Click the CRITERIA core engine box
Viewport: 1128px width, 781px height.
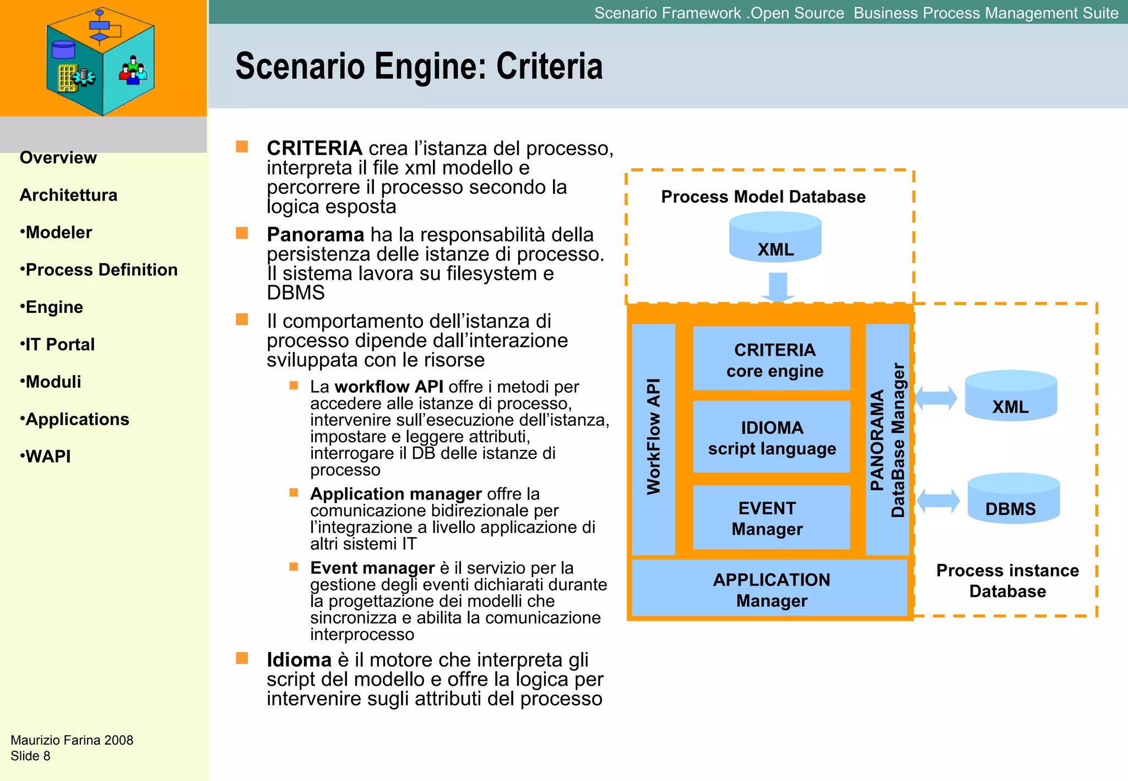[x=772, y=359]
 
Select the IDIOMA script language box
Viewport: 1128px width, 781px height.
[x=772, y=437]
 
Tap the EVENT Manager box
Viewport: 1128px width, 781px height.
[x=772, y=517]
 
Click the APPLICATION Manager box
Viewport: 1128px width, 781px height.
[x=770, y=588]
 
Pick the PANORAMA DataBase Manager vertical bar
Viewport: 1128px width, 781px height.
[x=887, y=439]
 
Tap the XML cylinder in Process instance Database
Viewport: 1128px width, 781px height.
[x=1011, y=397]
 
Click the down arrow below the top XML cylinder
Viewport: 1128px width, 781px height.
[x=778, y=287]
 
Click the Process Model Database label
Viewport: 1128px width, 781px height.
[x=763, y=197]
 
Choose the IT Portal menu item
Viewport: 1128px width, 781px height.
[x=57, y=345]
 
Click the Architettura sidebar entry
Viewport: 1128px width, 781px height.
[x=68, y=196]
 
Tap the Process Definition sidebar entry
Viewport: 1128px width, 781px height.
[x=99, y=270]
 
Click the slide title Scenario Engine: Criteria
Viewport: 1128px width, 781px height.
[x=419, y=67]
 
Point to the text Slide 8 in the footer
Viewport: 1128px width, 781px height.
[x=30, y=756]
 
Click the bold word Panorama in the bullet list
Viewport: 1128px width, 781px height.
[x=315, y=235]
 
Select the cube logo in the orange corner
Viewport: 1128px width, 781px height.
[x=100, y=61]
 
